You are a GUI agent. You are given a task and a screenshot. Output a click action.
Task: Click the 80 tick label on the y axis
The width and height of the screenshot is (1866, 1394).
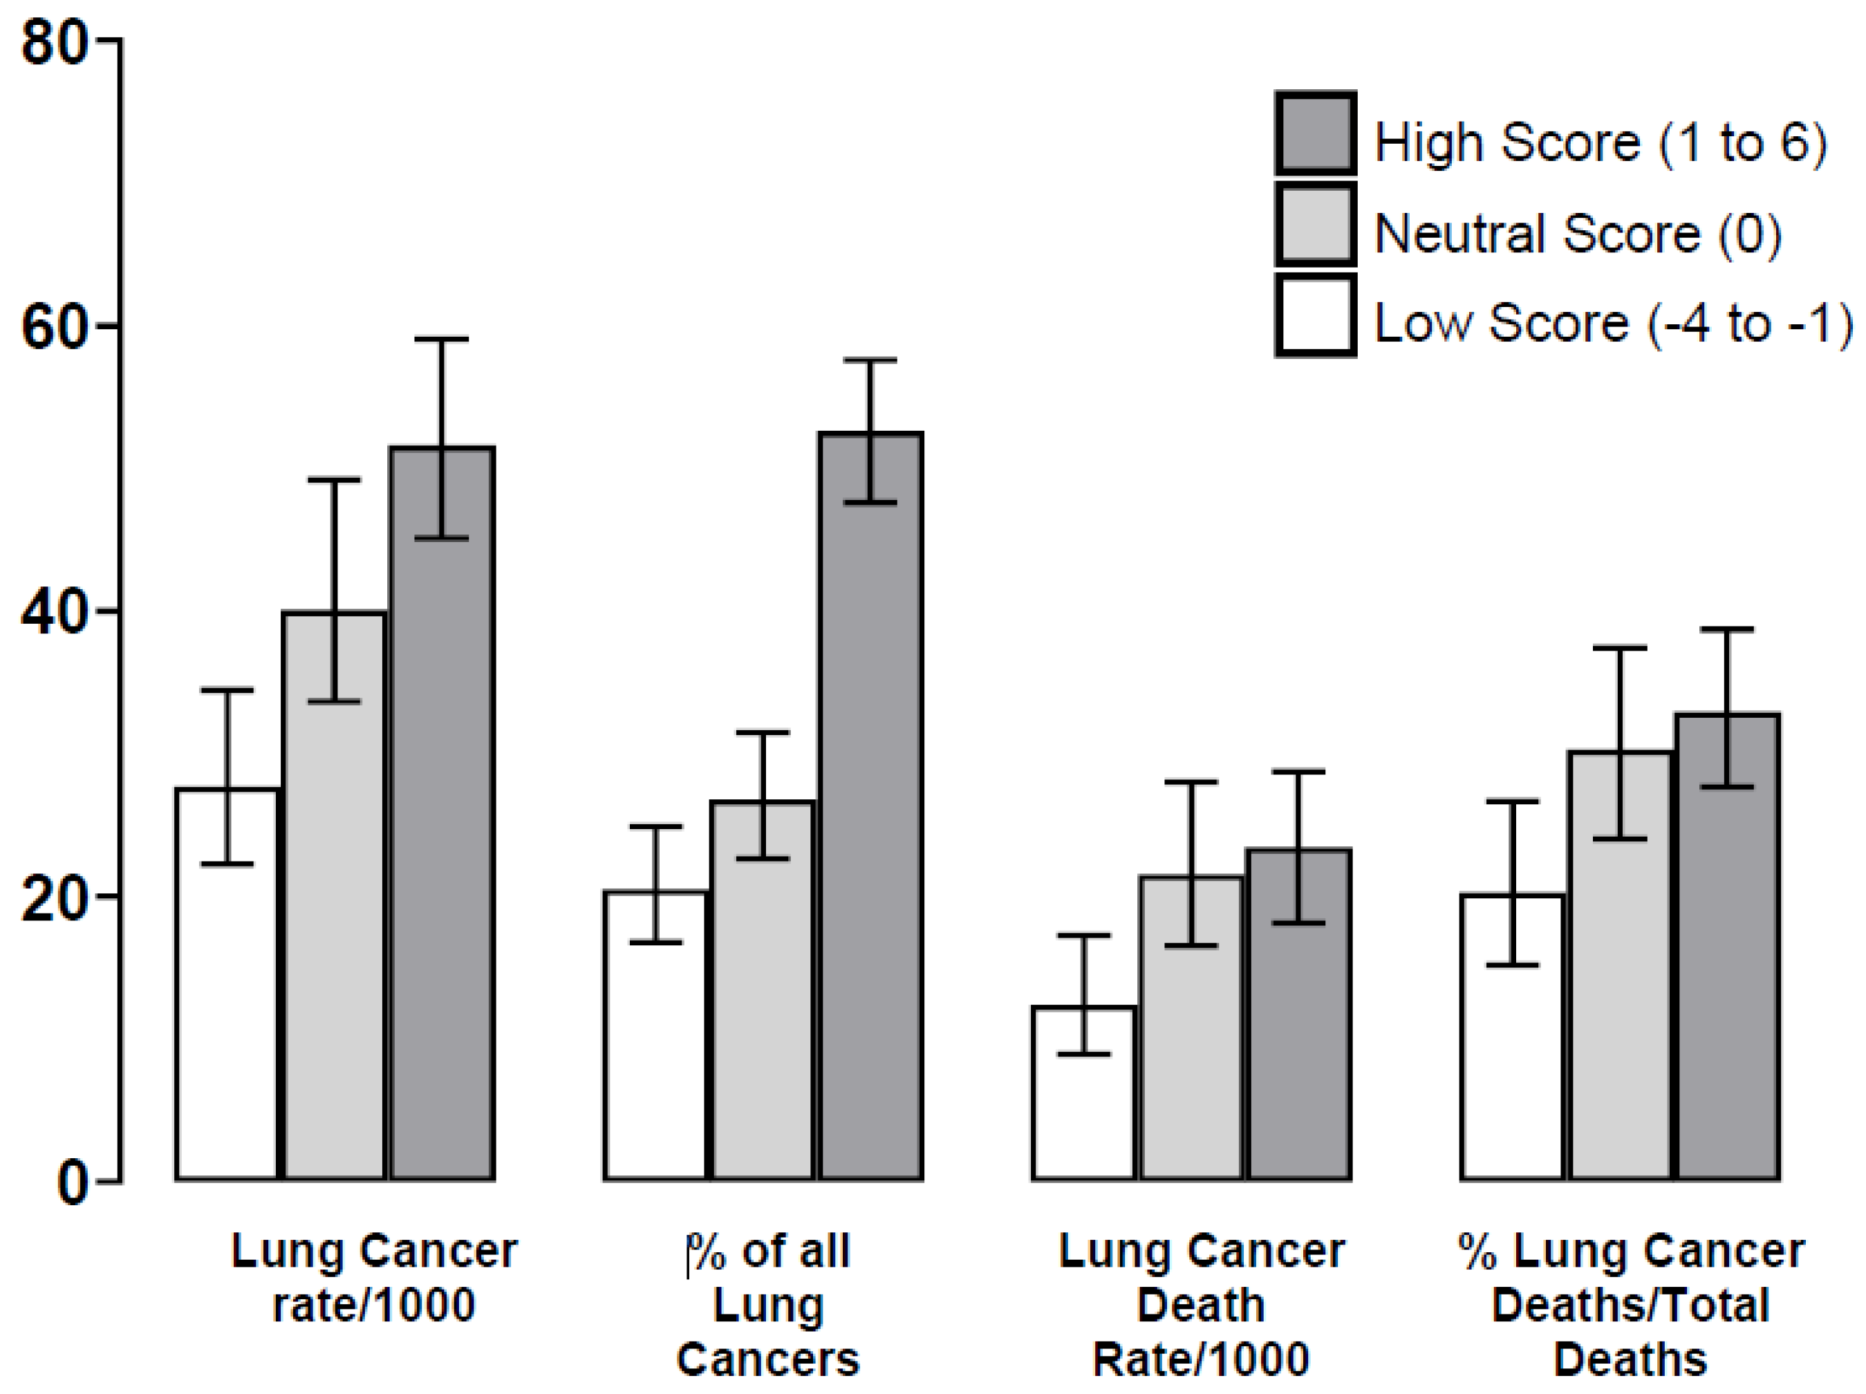[54, 42]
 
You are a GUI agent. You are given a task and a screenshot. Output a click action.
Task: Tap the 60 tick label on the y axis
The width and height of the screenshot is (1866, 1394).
[54, 327]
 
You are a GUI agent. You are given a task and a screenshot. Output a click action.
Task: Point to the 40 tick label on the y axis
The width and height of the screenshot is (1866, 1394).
[54, 613]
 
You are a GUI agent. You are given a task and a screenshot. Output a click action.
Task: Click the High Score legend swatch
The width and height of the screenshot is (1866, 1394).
[1315, 133]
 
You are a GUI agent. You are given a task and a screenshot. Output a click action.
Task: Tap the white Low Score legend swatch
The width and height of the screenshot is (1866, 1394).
[1315, 314]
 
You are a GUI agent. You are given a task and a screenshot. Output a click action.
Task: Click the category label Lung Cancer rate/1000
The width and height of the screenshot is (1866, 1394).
[374, 1278]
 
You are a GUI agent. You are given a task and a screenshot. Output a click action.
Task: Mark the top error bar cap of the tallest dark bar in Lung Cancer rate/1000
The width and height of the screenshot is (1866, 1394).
[441, 340]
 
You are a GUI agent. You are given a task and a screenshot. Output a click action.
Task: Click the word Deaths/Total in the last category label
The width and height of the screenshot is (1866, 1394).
[1630, 1305]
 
